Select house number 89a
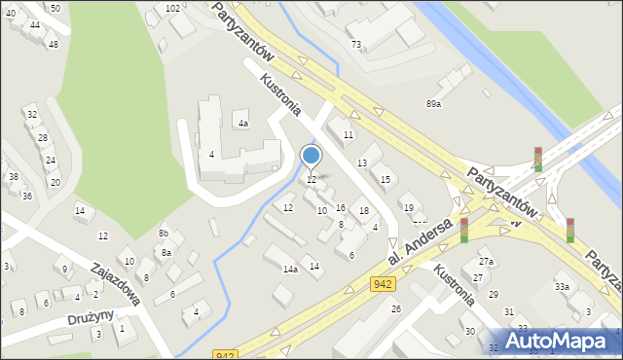(433, 103)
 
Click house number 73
(356, 45)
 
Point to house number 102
(172, 8)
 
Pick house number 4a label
(243, 124)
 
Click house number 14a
(290, 270)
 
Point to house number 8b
(165, 234)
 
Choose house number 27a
(486, 262)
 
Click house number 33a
(562, 286)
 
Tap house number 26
(396, 308)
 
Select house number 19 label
(408, 208)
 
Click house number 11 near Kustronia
(348, 134)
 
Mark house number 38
(14, 176)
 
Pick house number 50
(55, 8)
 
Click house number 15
(385, 179)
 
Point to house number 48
(53, 44)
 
